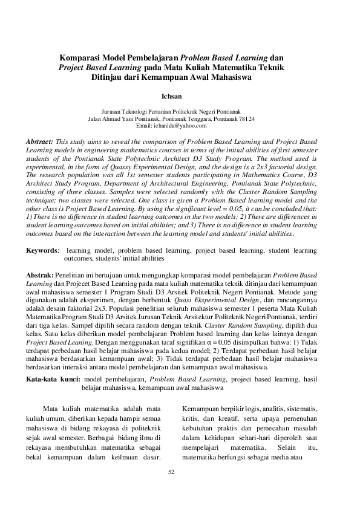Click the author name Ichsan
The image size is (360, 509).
coord(172,96)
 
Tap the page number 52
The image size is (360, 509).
coord(171,472)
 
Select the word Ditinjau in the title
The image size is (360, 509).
coord(108,77)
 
